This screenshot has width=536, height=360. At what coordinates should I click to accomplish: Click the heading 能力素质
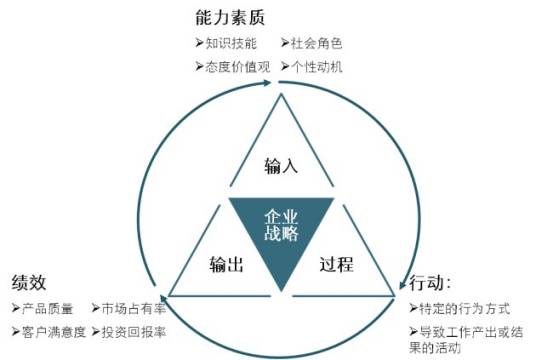233,17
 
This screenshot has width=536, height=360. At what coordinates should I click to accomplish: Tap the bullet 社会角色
315,44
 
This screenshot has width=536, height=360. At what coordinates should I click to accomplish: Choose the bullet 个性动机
315,66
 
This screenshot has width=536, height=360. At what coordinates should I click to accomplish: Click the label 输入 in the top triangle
282,165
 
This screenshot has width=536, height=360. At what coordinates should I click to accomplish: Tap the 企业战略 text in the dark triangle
281,225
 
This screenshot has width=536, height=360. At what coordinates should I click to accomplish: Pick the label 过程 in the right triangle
336,265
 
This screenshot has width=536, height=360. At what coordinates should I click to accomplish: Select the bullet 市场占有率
132,309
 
